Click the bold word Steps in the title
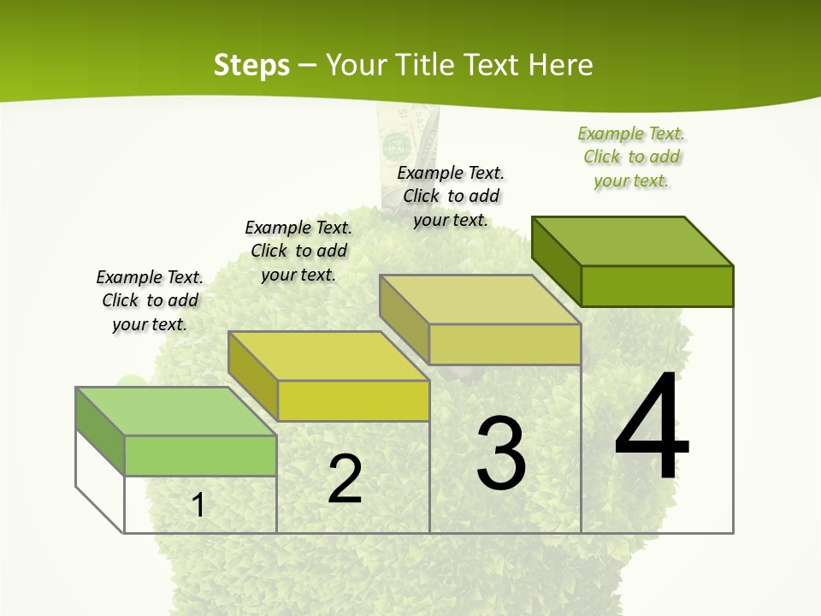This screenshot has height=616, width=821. click(251, 65)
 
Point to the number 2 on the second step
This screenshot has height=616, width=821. click(345, 479)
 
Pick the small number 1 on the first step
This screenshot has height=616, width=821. click(198, 505)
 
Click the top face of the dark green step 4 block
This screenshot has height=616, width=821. click(633, 240)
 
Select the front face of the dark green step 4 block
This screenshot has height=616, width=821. click(657, 286)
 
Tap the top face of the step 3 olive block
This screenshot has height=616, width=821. click(481, 299)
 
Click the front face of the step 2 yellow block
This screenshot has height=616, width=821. click(353, 400)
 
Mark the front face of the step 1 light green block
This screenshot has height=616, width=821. click(200, 455)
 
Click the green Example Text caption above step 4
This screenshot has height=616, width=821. click(632, 157)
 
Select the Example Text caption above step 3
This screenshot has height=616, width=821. click(451, 196)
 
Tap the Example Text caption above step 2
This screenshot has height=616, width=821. click(298, 251)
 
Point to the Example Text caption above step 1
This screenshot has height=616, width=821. click(150, 300)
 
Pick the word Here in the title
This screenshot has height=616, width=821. click(560, 65)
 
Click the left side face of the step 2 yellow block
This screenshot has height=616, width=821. click(253, 376)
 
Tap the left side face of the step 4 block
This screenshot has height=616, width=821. click(556, 261)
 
